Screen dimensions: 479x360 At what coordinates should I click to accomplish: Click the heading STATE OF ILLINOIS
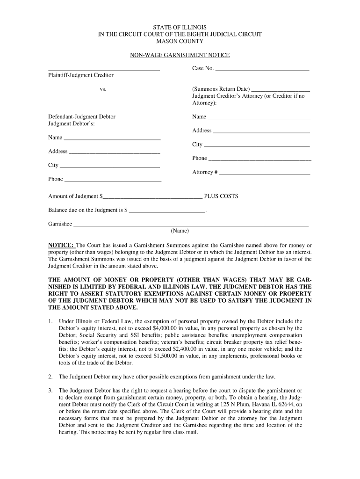[x=180, y=28]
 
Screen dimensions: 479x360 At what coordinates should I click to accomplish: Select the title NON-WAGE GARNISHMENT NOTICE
[x=180, y=55]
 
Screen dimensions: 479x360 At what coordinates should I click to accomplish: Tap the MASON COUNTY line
[x=180, y=41]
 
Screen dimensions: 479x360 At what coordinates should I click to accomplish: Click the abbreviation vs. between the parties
[x=103, y=89]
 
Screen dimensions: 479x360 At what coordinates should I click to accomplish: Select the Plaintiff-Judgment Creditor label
[x=81, y=75]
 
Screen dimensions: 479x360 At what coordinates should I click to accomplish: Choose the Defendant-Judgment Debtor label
[x=82, y=116]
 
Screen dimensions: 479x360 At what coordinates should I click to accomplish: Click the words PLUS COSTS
[x=221, y=196]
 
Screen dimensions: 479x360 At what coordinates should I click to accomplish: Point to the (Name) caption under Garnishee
[x=180, y=231]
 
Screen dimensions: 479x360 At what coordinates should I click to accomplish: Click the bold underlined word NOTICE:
[x=61, y=245]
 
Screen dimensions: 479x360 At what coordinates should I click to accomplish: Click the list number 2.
[x=50, y=377]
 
